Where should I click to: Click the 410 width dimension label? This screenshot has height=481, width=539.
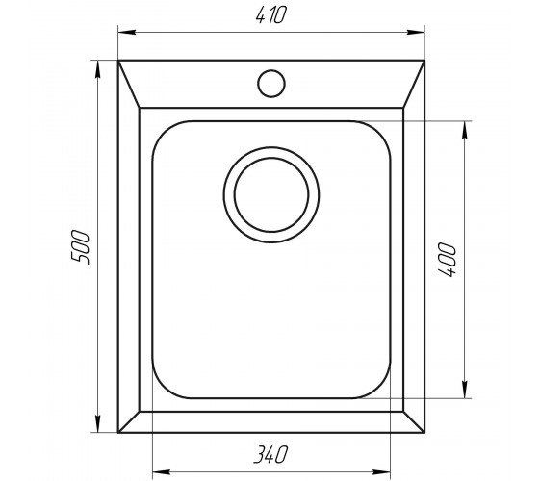click(x=270, y=15)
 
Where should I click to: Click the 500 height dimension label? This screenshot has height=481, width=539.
click(x=80, y=247)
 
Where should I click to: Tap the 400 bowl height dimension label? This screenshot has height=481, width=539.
click(x=447, y=260)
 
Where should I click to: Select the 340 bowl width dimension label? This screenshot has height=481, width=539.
click(x=270, y=454)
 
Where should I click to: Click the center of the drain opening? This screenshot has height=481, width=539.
click(x=271, y=194)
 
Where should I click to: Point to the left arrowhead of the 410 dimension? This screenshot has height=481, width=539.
click(x=126, y=33)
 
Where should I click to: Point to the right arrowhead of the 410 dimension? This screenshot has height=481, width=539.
click(x=416, y=33)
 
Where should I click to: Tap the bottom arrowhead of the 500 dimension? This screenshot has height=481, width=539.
click(x=98, y=424)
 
